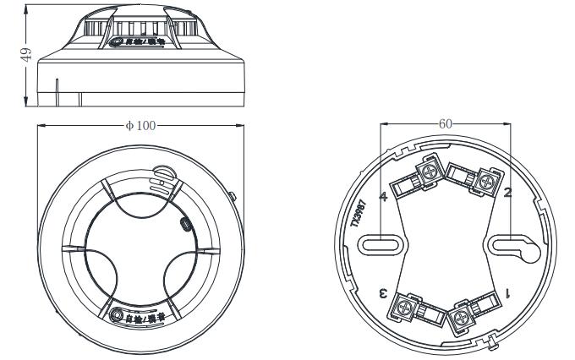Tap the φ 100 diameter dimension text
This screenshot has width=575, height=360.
pyautogui.click(x=140, y=125)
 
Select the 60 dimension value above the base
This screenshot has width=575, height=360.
pyautogui.click(x=446, y=123)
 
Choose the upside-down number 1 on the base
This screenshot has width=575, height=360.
pyautogui.click(x=508, y=292)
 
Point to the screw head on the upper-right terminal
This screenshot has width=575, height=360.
pyautogui.click(x=488, y=180)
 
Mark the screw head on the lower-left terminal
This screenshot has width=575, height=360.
pyautogui.click(x=405, y=308)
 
